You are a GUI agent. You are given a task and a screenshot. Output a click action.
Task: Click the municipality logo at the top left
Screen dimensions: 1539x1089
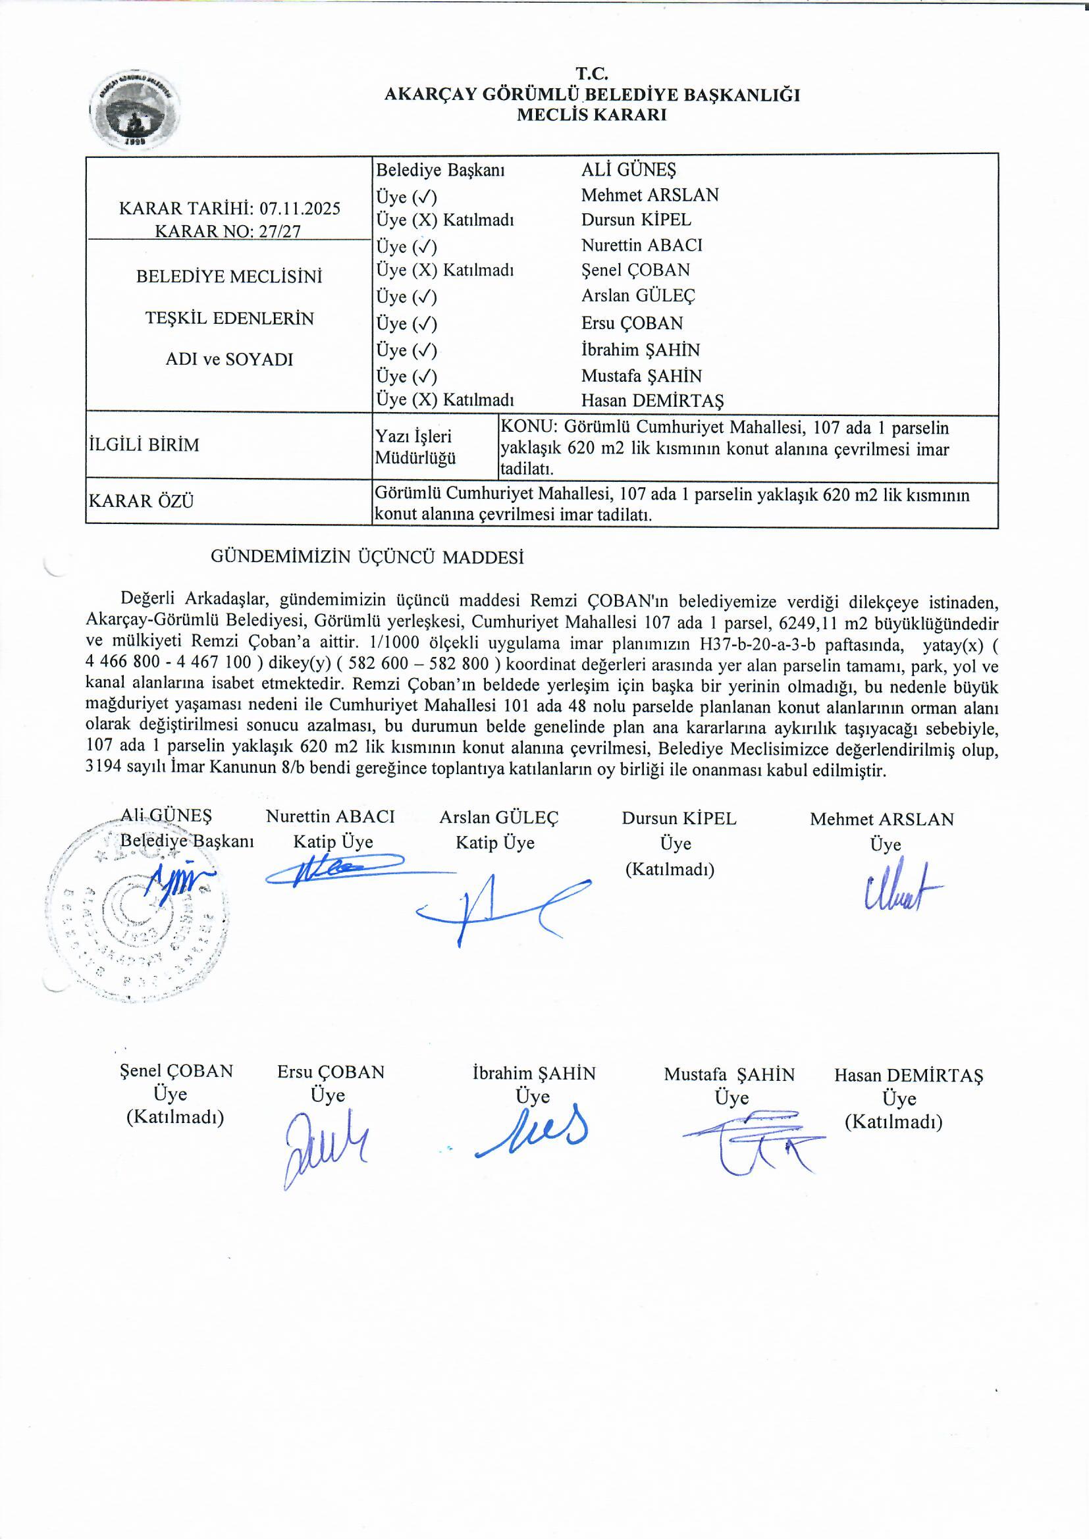[135, 109]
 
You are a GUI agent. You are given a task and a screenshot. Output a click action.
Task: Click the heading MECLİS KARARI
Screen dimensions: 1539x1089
[591, 115]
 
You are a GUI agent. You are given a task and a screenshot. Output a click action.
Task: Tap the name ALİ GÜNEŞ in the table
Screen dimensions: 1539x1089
[628, 170]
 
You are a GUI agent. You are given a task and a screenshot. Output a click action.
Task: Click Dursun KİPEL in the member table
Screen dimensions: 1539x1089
[636, 220]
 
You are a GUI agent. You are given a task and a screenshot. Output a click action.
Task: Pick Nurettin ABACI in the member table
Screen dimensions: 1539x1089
[642, 246]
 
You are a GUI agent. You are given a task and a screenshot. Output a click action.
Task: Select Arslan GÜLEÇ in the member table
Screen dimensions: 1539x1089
[638, 296]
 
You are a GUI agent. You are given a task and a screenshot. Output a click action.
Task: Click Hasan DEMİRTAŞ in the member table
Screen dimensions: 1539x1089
[652, 401]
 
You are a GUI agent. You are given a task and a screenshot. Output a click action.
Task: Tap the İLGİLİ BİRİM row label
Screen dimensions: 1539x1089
[144, 445]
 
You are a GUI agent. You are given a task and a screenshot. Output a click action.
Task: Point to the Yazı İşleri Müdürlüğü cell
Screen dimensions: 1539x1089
[414, 447]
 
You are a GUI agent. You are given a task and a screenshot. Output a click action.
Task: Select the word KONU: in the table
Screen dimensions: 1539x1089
[530, 427]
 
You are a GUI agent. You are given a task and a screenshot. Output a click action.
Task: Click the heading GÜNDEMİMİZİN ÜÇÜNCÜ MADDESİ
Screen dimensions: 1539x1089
[367, 557]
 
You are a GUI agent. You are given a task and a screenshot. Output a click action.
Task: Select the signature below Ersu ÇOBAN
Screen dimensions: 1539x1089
[325, 1147]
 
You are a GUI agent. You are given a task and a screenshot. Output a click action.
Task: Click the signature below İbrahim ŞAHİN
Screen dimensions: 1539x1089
[533, 1135]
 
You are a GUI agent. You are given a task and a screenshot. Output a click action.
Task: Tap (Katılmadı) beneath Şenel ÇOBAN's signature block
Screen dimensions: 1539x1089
[175, 1117]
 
